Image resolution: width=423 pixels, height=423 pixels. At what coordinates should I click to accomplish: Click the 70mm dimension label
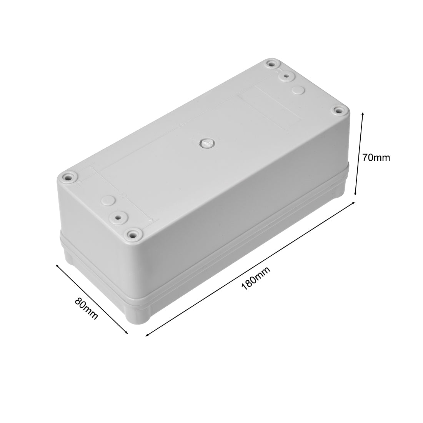click(x=376, y=157)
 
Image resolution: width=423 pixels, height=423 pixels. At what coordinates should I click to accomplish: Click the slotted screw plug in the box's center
click(x=206, y=143)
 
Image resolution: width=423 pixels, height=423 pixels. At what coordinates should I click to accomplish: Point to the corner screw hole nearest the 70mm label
click(x=338, y=111)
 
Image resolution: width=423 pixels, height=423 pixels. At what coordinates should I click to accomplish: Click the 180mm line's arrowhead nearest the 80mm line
click(x=146, y=335)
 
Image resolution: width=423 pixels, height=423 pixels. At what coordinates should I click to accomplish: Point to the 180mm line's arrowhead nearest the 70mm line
click(x=353, y=204)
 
